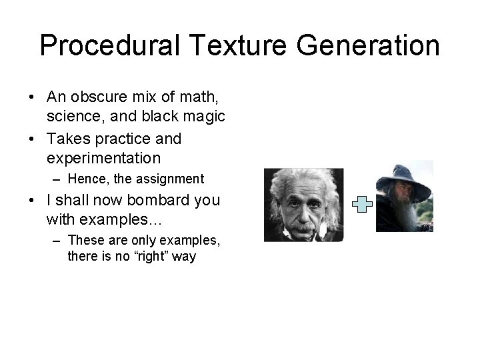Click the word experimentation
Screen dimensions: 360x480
tap(103, 158)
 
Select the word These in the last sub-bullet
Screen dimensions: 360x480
tap(85, 240)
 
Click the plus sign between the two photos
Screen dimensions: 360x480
tap(361, 205)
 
